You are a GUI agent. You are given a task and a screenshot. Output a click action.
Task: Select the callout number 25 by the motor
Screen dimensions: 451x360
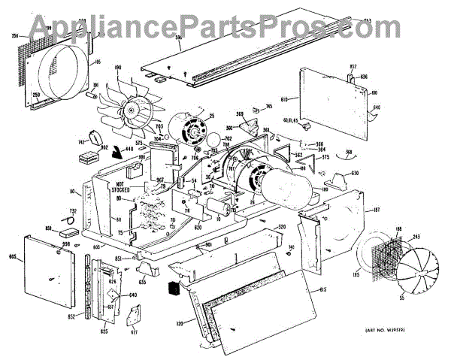[212, 116]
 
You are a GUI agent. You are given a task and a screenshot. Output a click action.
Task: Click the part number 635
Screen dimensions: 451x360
[143, 283]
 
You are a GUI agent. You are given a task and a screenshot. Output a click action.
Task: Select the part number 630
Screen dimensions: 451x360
[355, 174]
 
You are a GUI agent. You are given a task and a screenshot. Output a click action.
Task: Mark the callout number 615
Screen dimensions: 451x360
[322, 289]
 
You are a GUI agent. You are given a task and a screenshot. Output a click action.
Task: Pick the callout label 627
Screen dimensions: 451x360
[135, 332]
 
